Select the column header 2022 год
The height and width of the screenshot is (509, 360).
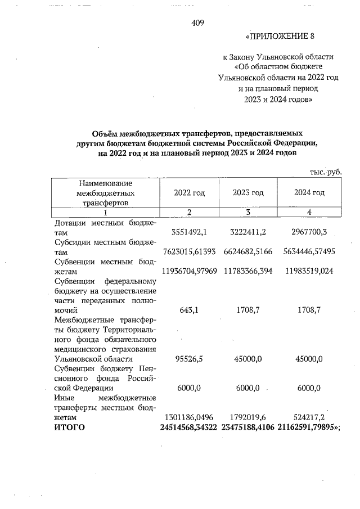click(x=190, y=193)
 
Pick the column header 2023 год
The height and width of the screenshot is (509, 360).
click(x=248, y=193)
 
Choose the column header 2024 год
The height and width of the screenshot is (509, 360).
click(x=309, y=193)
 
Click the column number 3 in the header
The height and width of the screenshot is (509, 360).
click(x=248, y=212)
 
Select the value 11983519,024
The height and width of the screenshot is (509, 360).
click(x=309, y=271)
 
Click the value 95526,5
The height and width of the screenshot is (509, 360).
click(x=190, y=359)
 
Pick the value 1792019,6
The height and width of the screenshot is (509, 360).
click(x=248, y=418)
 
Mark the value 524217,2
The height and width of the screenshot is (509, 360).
click(x=309, y=418)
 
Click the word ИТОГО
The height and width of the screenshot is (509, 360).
click(x=69, y=428)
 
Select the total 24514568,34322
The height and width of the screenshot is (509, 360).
click(x=190, y=428)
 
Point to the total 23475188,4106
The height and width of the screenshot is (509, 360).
click(x=248, y=428)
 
